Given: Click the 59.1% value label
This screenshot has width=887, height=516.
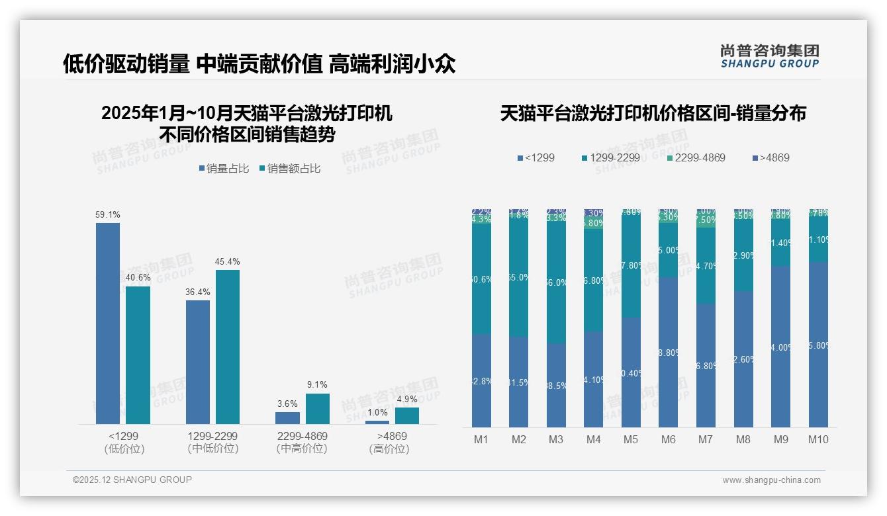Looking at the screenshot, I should (108, 214).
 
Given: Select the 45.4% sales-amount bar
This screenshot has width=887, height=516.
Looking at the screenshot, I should (228, 347).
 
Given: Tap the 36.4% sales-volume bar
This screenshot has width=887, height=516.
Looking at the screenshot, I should (198, 362).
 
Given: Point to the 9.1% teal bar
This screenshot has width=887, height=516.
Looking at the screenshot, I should (318, 409).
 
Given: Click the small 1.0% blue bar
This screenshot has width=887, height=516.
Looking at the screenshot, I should (377, 422).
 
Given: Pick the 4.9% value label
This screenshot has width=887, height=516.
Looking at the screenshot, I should (407, 399).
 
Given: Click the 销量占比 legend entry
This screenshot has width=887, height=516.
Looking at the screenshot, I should (224, 169).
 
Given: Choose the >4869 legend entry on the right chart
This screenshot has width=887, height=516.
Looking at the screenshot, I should (770, 158).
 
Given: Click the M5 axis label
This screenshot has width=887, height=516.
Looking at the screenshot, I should (631, 439).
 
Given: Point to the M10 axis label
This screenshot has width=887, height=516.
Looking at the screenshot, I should (818, 439).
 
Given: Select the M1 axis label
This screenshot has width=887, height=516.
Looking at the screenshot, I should (481, 439).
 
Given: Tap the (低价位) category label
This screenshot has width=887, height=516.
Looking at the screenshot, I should (124, 449).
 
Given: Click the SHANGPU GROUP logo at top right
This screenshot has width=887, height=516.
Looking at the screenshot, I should (769, 56).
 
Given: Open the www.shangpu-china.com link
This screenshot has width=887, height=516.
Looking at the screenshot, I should (771, 480).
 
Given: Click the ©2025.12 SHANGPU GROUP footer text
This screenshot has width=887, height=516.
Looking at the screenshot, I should (132, 480).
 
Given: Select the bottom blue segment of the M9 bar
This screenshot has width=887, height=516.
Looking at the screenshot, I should (781, 347).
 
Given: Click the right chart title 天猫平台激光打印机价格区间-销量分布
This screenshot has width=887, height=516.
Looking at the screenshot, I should (653, 113).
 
